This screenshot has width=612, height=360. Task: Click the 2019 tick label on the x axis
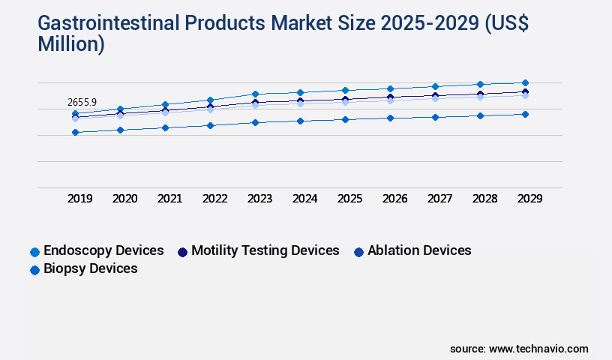click(80, 199)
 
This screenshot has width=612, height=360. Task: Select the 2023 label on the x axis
click(259, 199)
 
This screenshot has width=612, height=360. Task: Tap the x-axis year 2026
click(394, 199)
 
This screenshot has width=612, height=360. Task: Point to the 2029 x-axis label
click(529, 199)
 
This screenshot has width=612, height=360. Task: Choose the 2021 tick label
click(169, 199)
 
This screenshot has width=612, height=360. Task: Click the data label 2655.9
click(82, 102)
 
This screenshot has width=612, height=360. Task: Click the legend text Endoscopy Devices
click(103, 250)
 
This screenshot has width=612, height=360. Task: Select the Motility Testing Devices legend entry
click(265, 250)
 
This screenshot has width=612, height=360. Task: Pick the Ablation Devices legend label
click(419, 250)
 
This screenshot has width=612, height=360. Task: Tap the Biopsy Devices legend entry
click(90, 268)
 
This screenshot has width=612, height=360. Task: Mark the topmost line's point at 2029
click(525, 82)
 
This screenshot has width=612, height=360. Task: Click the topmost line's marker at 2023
click(255, 94)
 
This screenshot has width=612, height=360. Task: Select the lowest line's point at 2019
click(75, 132)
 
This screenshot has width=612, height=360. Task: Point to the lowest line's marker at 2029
click(525, 114)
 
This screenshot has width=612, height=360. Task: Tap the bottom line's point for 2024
click(300, 121)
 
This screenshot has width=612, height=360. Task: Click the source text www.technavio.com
click(538, 349)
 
